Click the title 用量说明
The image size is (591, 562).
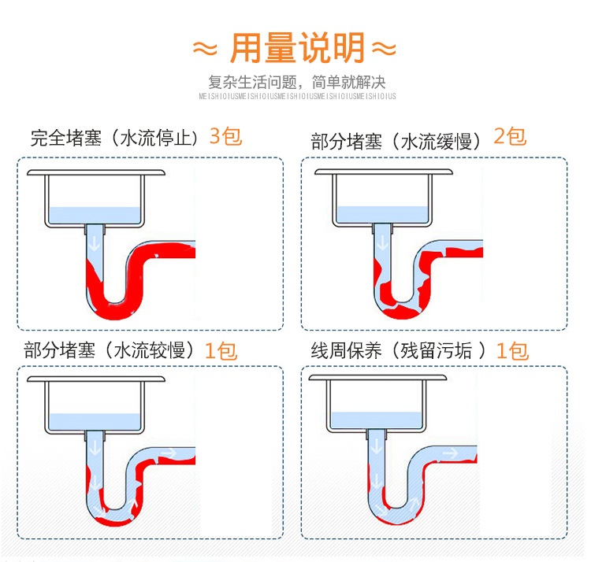click(297, 49)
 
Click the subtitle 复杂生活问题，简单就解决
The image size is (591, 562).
click(297, 82)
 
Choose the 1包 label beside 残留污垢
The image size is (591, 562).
click(512, 351)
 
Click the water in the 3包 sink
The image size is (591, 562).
click(95, 215)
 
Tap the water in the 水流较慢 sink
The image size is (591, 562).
click(95, 420)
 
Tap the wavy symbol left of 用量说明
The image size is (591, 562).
click(204, 50)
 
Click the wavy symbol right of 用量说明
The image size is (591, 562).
click(384, 50)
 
